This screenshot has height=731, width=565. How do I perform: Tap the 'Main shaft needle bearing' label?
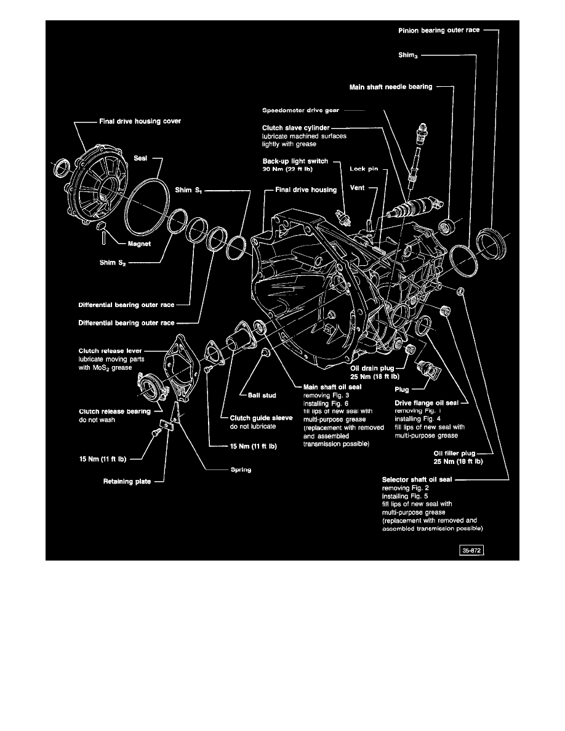[x=391, y=87]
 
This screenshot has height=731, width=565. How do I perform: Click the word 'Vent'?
[x=358, y=190]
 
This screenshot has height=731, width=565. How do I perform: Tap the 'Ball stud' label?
[x=261, y=395]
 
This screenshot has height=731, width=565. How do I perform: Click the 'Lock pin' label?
[x=363, y=168]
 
